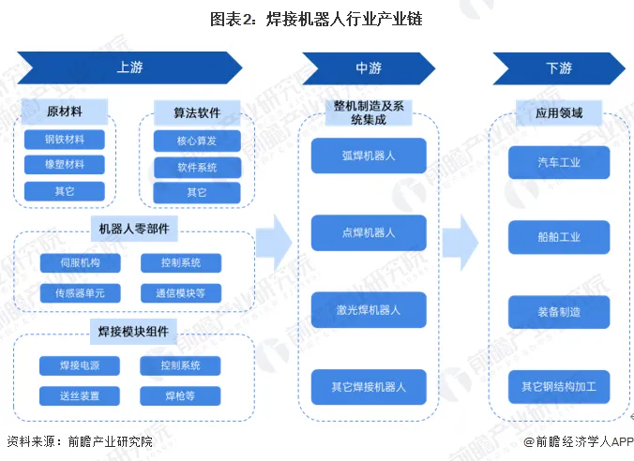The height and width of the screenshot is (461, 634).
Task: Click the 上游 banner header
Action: (x=129, y=68)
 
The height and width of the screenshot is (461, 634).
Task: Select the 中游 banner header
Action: (x=368, y=68)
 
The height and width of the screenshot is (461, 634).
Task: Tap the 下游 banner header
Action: (x=558, y=68)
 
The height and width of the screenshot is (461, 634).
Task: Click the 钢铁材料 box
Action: (x=65, y=141)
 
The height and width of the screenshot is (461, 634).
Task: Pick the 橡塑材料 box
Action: (x=65, y=165)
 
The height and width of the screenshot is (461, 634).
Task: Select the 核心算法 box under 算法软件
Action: (x=196, y=141)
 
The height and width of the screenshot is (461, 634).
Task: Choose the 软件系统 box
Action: (x=196, y=168)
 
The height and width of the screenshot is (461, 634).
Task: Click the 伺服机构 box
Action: (x=80, y=263)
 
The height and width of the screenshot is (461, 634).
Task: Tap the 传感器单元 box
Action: (x=80, y=293)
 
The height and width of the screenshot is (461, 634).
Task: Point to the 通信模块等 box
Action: (x=181, y=293)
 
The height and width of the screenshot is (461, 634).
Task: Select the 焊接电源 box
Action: (x=80, y=365)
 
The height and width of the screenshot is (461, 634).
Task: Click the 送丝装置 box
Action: (x=80, y=395)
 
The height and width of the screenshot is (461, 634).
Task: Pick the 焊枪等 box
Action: (x=181, y=395)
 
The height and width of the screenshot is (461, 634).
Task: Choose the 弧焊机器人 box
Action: (x=369, y=156)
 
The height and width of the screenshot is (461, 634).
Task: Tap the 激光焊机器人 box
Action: (x=369, y=309)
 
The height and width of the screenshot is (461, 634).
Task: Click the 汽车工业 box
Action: (x=559, y=162)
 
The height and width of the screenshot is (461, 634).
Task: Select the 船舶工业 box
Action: (x=559, y=237)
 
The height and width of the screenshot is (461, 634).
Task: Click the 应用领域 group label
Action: (x=559, y=113)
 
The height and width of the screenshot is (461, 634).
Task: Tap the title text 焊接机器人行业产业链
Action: (x=340, y=18)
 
